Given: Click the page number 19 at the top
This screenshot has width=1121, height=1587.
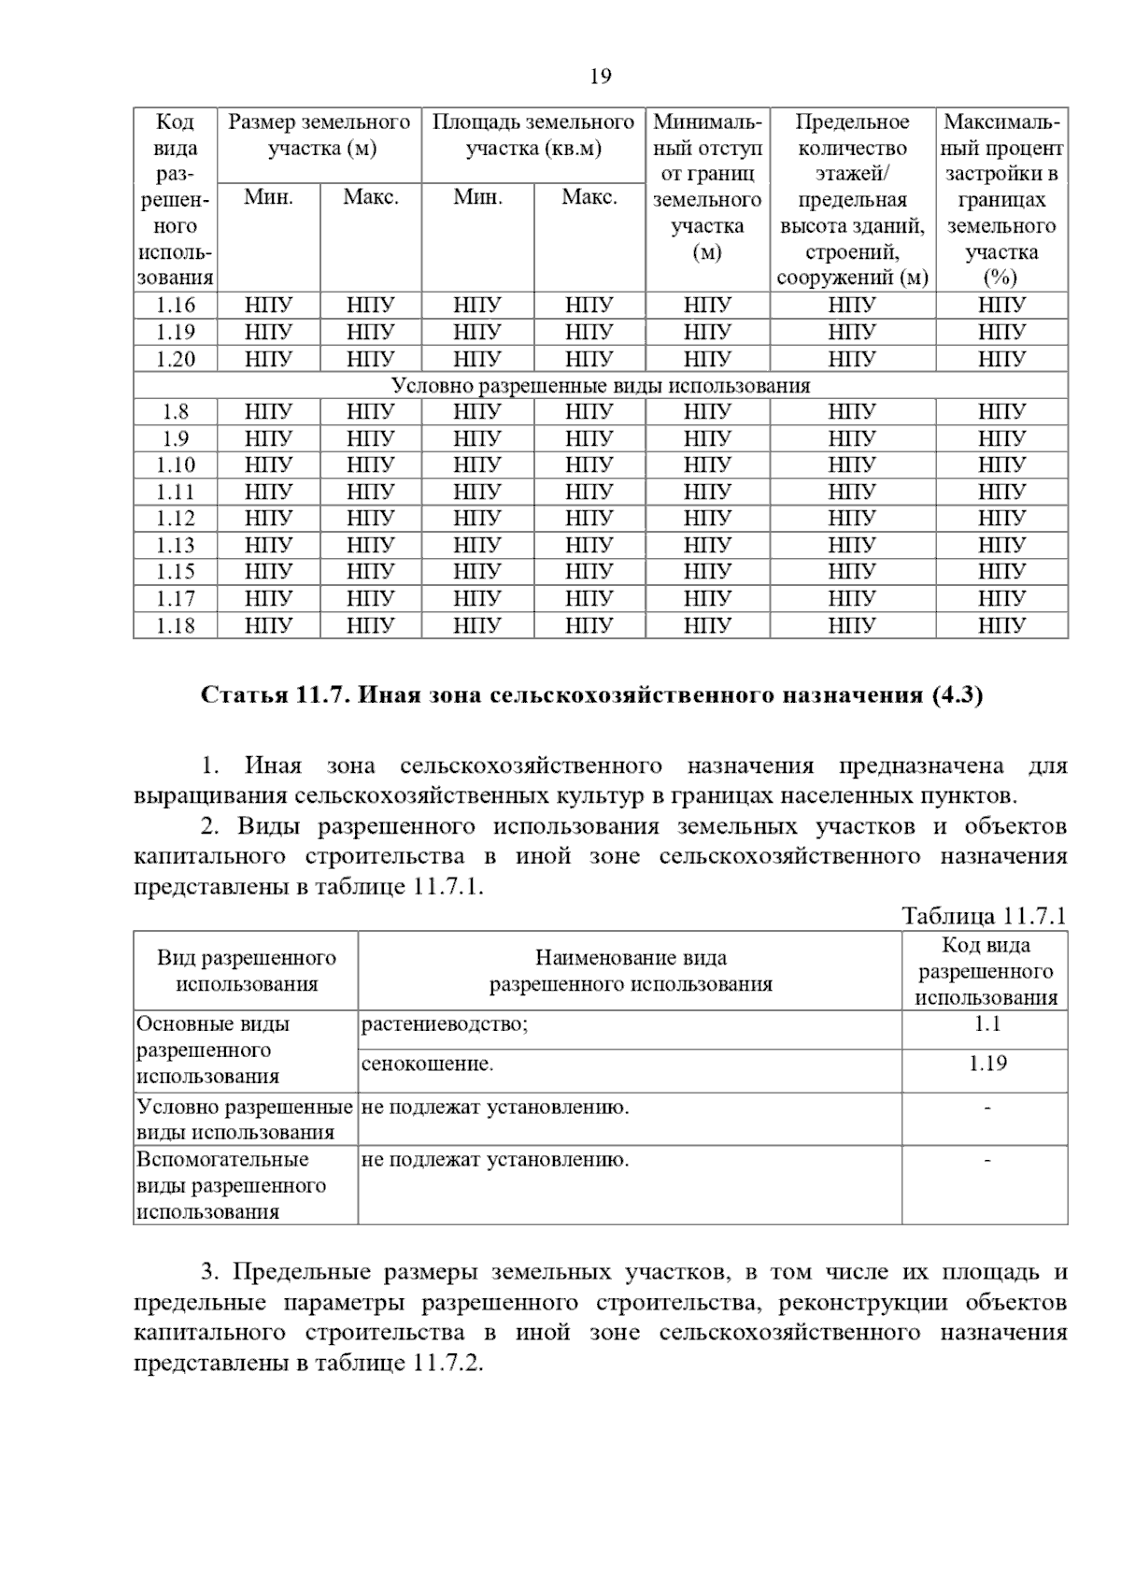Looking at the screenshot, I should [600, 77].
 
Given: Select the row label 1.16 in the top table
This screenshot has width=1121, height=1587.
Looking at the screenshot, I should [176, 305].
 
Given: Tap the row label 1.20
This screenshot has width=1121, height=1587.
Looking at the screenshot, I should [176, 359].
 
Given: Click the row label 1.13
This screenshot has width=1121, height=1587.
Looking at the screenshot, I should [176, 545].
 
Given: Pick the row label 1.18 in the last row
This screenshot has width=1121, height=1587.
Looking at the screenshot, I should [176, 625].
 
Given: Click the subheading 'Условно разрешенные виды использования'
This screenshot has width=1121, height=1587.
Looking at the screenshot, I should [600, 385].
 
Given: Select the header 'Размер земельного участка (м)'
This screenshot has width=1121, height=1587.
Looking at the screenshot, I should [319, 135].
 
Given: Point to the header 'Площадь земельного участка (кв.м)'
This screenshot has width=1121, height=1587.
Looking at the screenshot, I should [533, 135].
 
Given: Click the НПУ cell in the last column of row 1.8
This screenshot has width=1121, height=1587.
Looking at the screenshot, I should [1001, 411].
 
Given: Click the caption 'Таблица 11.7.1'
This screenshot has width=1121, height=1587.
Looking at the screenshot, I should [983, 916].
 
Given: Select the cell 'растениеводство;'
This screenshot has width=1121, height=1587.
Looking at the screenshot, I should [445, 1024].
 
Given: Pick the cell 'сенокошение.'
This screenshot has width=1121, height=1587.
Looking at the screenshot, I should [427, 1064].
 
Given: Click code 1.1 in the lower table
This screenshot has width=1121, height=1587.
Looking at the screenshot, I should [986, 1023].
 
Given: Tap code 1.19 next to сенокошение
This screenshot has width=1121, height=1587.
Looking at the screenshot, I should [986, 1063].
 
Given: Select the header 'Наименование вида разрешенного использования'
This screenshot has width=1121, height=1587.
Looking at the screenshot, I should [631, 970].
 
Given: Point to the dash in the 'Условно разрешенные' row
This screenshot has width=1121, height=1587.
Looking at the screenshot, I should [986, 1108].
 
